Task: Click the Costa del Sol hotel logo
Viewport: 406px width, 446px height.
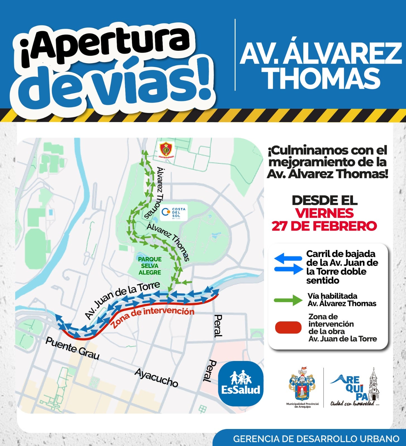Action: tap(174, 213)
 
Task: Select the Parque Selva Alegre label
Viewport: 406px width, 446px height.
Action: tap(150, 266)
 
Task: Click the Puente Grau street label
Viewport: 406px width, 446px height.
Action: tap(73, 348)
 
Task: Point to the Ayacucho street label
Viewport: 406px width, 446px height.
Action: tap(156, 378)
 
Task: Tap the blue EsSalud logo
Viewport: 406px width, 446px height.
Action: tap(241, 384)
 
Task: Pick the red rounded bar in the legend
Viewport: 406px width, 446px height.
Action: tap(288, 328)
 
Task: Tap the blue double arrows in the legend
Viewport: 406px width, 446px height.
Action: tap(288, 264)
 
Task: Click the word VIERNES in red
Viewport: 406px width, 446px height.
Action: tap(325, 213)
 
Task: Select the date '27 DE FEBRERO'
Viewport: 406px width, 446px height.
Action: tap(324, 226)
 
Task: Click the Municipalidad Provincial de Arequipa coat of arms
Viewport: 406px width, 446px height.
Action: tap(302, 385)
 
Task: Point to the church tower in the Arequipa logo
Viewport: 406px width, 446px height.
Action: tap(374, 385)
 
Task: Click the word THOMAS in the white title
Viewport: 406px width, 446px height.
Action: tap(322, 79)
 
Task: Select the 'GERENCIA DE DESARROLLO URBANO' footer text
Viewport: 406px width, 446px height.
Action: tap(316, 439)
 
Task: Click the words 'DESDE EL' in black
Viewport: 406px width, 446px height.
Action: tap(325, 200)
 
